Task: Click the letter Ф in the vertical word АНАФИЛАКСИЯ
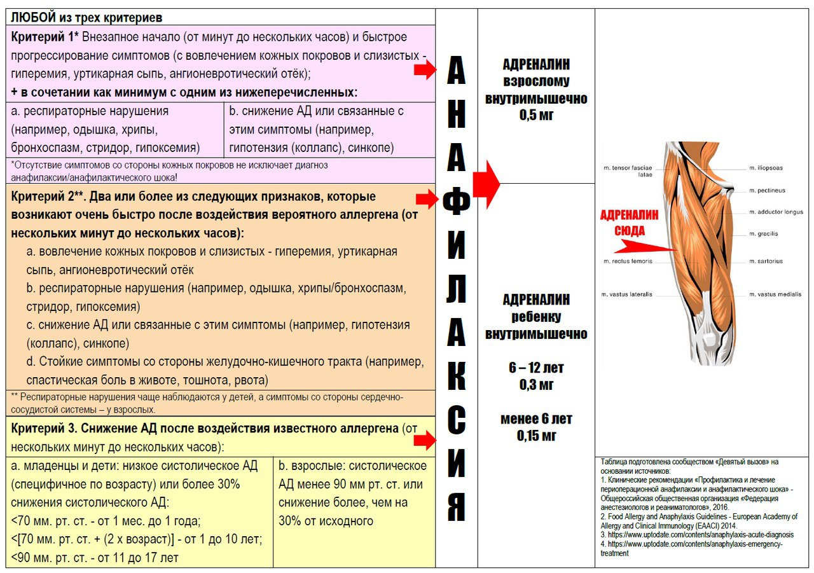456,201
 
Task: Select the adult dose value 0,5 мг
536,115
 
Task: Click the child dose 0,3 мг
536,384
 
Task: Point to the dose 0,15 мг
536,436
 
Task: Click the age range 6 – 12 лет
536,368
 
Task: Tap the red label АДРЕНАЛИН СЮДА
629,222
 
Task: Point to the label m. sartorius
766,261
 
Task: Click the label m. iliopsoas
766,168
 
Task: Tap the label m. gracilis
763,233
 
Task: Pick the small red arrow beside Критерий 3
424,440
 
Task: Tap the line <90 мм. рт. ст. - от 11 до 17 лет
95,558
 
